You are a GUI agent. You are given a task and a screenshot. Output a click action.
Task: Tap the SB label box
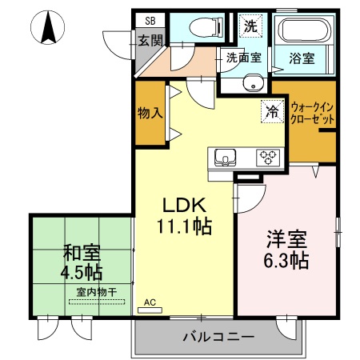tap(150, 22)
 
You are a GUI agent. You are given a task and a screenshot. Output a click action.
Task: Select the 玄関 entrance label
tap(150, 40)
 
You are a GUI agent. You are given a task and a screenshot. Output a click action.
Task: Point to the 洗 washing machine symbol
tap(250, 25)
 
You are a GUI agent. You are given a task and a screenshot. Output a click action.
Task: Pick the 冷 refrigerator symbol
tap(272, 112)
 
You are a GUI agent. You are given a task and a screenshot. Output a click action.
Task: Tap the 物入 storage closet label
tap(150, 112)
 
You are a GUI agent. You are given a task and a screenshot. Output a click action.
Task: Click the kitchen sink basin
tap(223, 156)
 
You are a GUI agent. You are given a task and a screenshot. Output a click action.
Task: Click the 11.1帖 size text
tap(187, 226)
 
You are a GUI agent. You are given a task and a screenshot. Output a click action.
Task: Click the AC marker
tap(150, 303)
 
